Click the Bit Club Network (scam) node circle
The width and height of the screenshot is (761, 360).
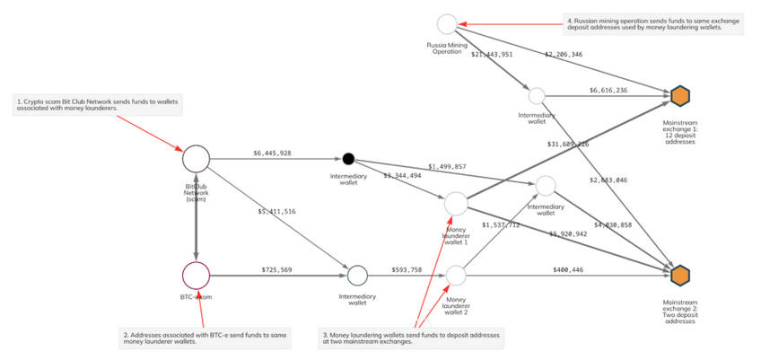pos(196,159)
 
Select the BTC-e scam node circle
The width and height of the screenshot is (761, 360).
pos(196,275)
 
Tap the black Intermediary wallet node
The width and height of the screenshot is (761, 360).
pos(348,159)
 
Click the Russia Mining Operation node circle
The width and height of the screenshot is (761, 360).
pos(447,24)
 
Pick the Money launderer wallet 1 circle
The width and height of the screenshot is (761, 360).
pos(456,204)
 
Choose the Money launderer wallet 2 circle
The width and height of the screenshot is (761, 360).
pos(456,274)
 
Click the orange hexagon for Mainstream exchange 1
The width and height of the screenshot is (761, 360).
pos(679,95)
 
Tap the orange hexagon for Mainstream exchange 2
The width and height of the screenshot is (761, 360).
pos(679,274)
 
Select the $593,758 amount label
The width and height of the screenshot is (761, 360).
pos(407,269)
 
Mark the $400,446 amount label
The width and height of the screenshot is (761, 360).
pos(567,269)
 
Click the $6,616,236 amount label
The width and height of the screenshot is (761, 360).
pos(608,91)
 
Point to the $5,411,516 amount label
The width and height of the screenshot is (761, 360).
pos(276,211)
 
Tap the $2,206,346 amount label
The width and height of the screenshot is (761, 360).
pos(563,55)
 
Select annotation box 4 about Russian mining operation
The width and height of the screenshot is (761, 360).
pos(654,24)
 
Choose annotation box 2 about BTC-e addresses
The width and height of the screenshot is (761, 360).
pos(206,338)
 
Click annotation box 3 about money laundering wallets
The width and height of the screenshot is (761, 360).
pos(412,338)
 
